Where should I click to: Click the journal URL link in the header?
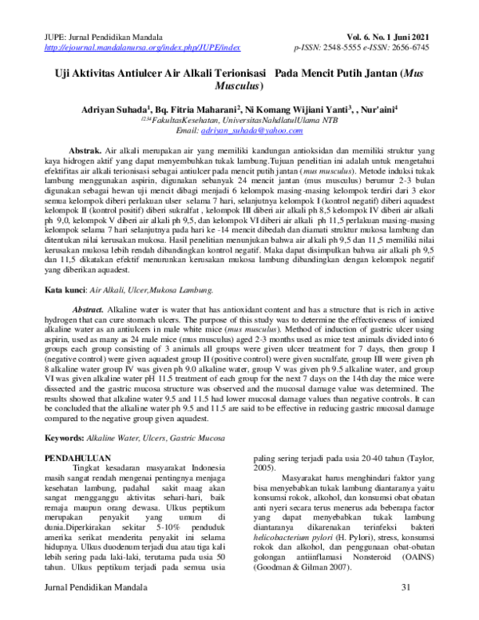[x=128, y=48]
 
